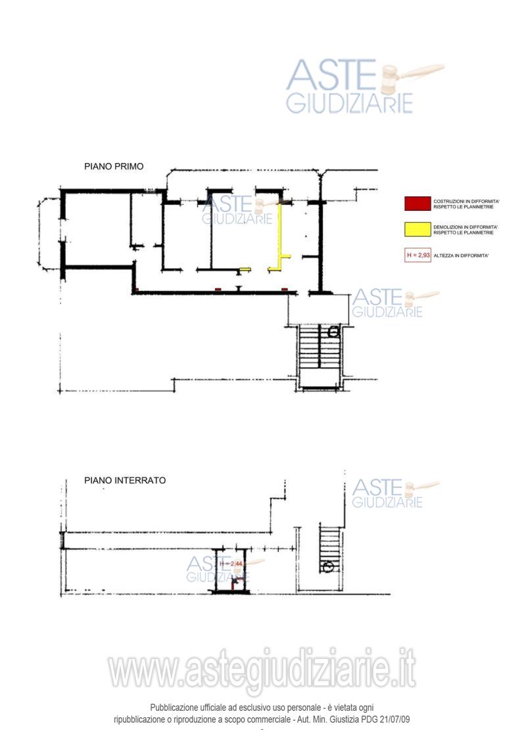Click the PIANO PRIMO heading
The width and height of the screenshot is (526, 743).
click(x=114, y=166)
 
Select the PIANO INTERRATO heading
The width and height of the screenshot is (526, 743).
click(x=125, y=480)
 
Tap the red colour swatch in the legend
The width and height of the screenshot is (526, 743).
click(x=418, y=204)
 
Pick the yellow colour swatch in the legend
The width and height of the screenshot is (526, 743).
click(x=418, y=229)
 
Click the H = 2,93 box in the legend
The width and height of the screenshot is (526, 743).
click(x=418, y=255)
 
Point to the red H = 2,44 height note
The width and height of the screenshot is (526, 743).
click(x=231, y=564)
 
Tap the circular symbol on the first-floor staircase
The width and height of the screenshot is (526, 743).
click(x=333, y=332)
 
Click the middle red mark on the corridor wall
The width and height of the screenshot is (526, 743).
click(x=218, y=289)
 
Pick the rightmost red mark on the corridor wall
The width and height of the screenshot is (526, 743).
click(x=285, y=289)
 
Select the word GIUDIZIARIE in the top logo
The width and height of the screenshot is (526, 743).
click(x=350, y=103)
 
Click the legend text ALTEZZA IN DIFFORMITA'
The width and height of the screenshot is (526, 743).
click(x=461, y=256)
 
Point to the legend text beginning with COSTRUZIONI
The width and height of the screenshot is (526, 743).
click(x=466, y=204)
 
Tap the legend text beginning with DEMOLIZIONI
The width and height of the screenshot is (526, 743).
click(x=466, y=230)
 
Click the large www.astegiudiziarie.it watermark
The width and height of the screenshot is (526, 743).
click(x=262, y=669)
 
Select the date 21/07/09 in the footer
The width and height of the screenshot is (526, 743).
click(x=394, y=719)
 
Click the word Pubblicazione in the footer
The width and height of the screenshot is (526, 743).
click(x=174, y=708)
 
